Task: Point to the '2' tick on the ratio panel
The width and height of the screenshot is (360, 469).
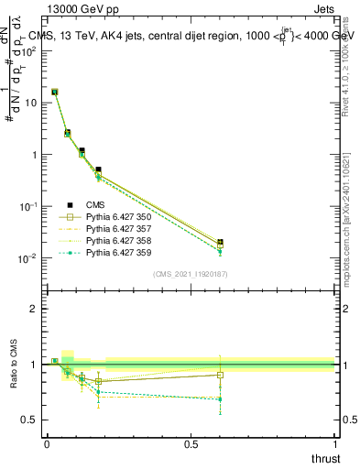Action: point(34,309)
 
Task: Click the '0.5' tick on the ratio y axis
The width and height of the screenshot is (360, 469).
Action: point(28,420)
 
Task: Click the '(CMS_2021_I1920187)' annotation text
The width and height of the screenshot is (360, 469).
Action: point(190,274)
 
